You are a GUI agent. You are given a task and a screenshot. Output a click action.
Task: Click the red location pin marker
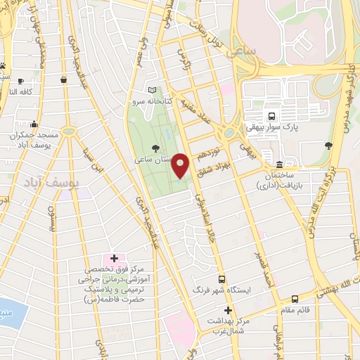point(181,165)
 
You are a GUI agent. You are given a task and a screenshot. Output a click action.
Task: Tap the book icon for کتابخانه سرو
point(154,91)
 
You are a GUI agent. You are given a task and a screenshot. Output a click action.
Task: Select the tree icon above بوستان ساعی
point(155,147)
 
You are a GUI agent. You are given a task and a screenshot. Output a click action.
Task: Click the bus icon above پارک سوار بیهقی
point(271,115)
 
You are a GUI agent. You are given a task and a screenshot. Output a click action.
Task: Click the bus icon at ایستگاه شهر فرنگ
point(221,279)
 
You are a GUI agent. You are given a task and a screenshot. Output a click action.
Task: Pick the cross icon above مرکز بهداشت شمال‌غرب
point(227,310)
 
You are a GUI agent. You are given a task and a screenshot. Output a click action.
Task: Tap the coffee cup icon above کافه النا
point(20,81)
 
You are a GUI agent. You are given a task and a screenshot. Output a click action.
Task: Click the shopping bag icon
point(64,80)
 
